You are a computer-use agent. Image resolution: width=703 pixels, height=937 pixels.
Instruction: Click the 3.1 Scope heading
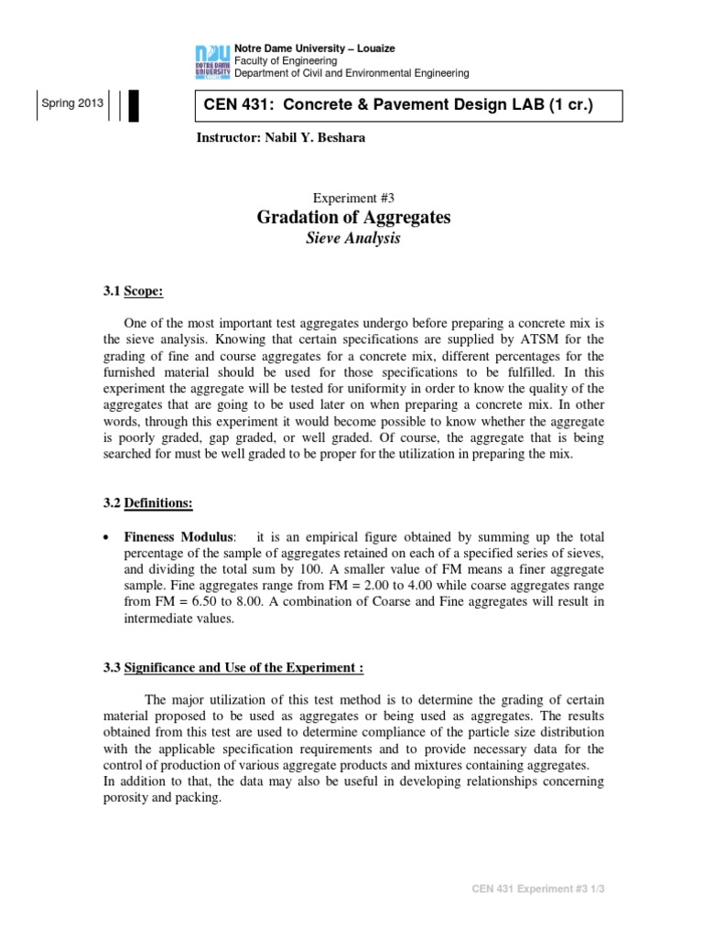(132, 293)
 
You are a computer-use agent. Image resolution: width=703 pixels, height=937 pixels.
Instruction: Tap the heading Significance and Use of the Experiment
(233, 668)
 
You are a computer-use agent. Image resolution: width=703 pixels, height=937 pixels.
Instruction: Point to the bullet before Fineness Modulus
(108, 537)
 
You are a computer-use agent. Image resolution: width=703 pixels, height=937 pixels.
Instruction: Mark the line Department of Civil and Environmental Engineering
(351, 73)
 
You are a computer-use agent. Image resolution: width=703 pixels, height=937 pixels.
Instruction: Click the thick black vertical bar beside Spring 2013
(134, 105)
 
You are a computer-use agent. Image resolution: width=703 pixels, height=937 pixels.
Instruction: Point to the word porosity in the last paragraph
(146, 799)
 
